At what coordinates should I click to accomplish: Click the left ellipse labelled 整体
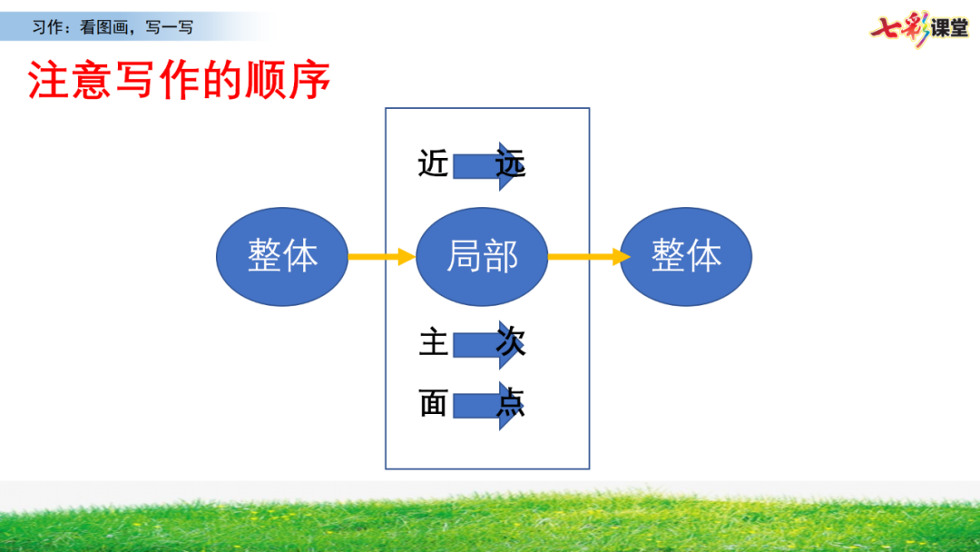282,257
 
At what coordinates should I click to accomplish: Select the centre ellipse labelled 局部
482,257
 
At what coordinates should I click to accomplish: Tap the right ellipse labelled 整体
686,257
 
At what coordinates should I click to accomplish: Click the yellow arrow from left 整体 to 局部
381,257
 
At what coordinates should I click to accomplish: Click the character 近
434,164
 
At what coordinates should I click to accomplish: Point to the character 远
511,164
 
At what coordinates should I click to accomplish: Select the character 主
434,343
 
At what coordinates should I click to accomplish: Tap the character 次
511,343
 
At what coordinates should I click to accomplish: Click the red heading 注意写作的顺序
179,81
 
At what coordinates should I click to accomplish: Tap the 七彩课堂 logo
918,28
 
